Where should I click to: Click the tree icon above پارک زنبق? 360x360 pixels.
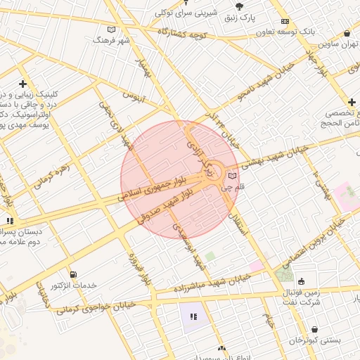coord(240,6)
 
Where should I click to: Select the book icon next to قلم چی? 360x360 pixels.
coord(233,176)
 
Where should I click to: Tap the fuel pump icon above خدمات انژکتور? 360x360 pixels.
coord(73,274)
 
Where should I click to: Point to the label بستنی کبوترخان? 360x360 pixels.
coord(315,340)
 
